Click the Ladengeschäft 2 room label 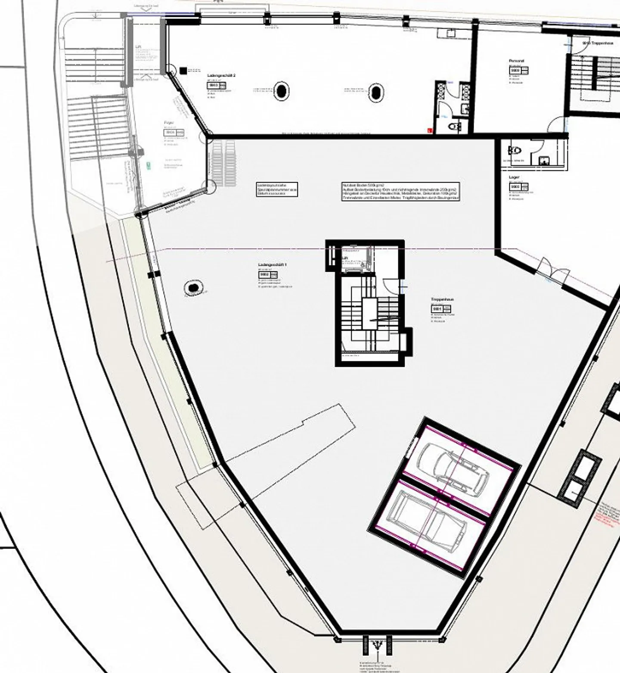pos(221,75)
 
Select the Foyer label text pos(169,123)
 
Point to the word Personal pos(516,61)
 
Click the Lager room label pos(514,177)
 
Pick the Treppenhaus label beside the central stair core pos(443,300)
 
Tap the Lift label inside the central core pos(345,258)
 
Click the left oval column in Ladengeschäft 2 pos(281,91)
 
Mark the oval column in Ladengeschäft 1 pos(193,286)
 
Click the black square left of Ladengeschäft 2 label pos(184,70)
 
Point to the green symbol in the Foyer pos(149,164)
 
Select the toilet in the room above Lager pos(515,150)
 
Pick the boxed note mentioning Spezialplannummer pos(277,189)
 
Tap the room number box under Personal pos(515,70)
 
